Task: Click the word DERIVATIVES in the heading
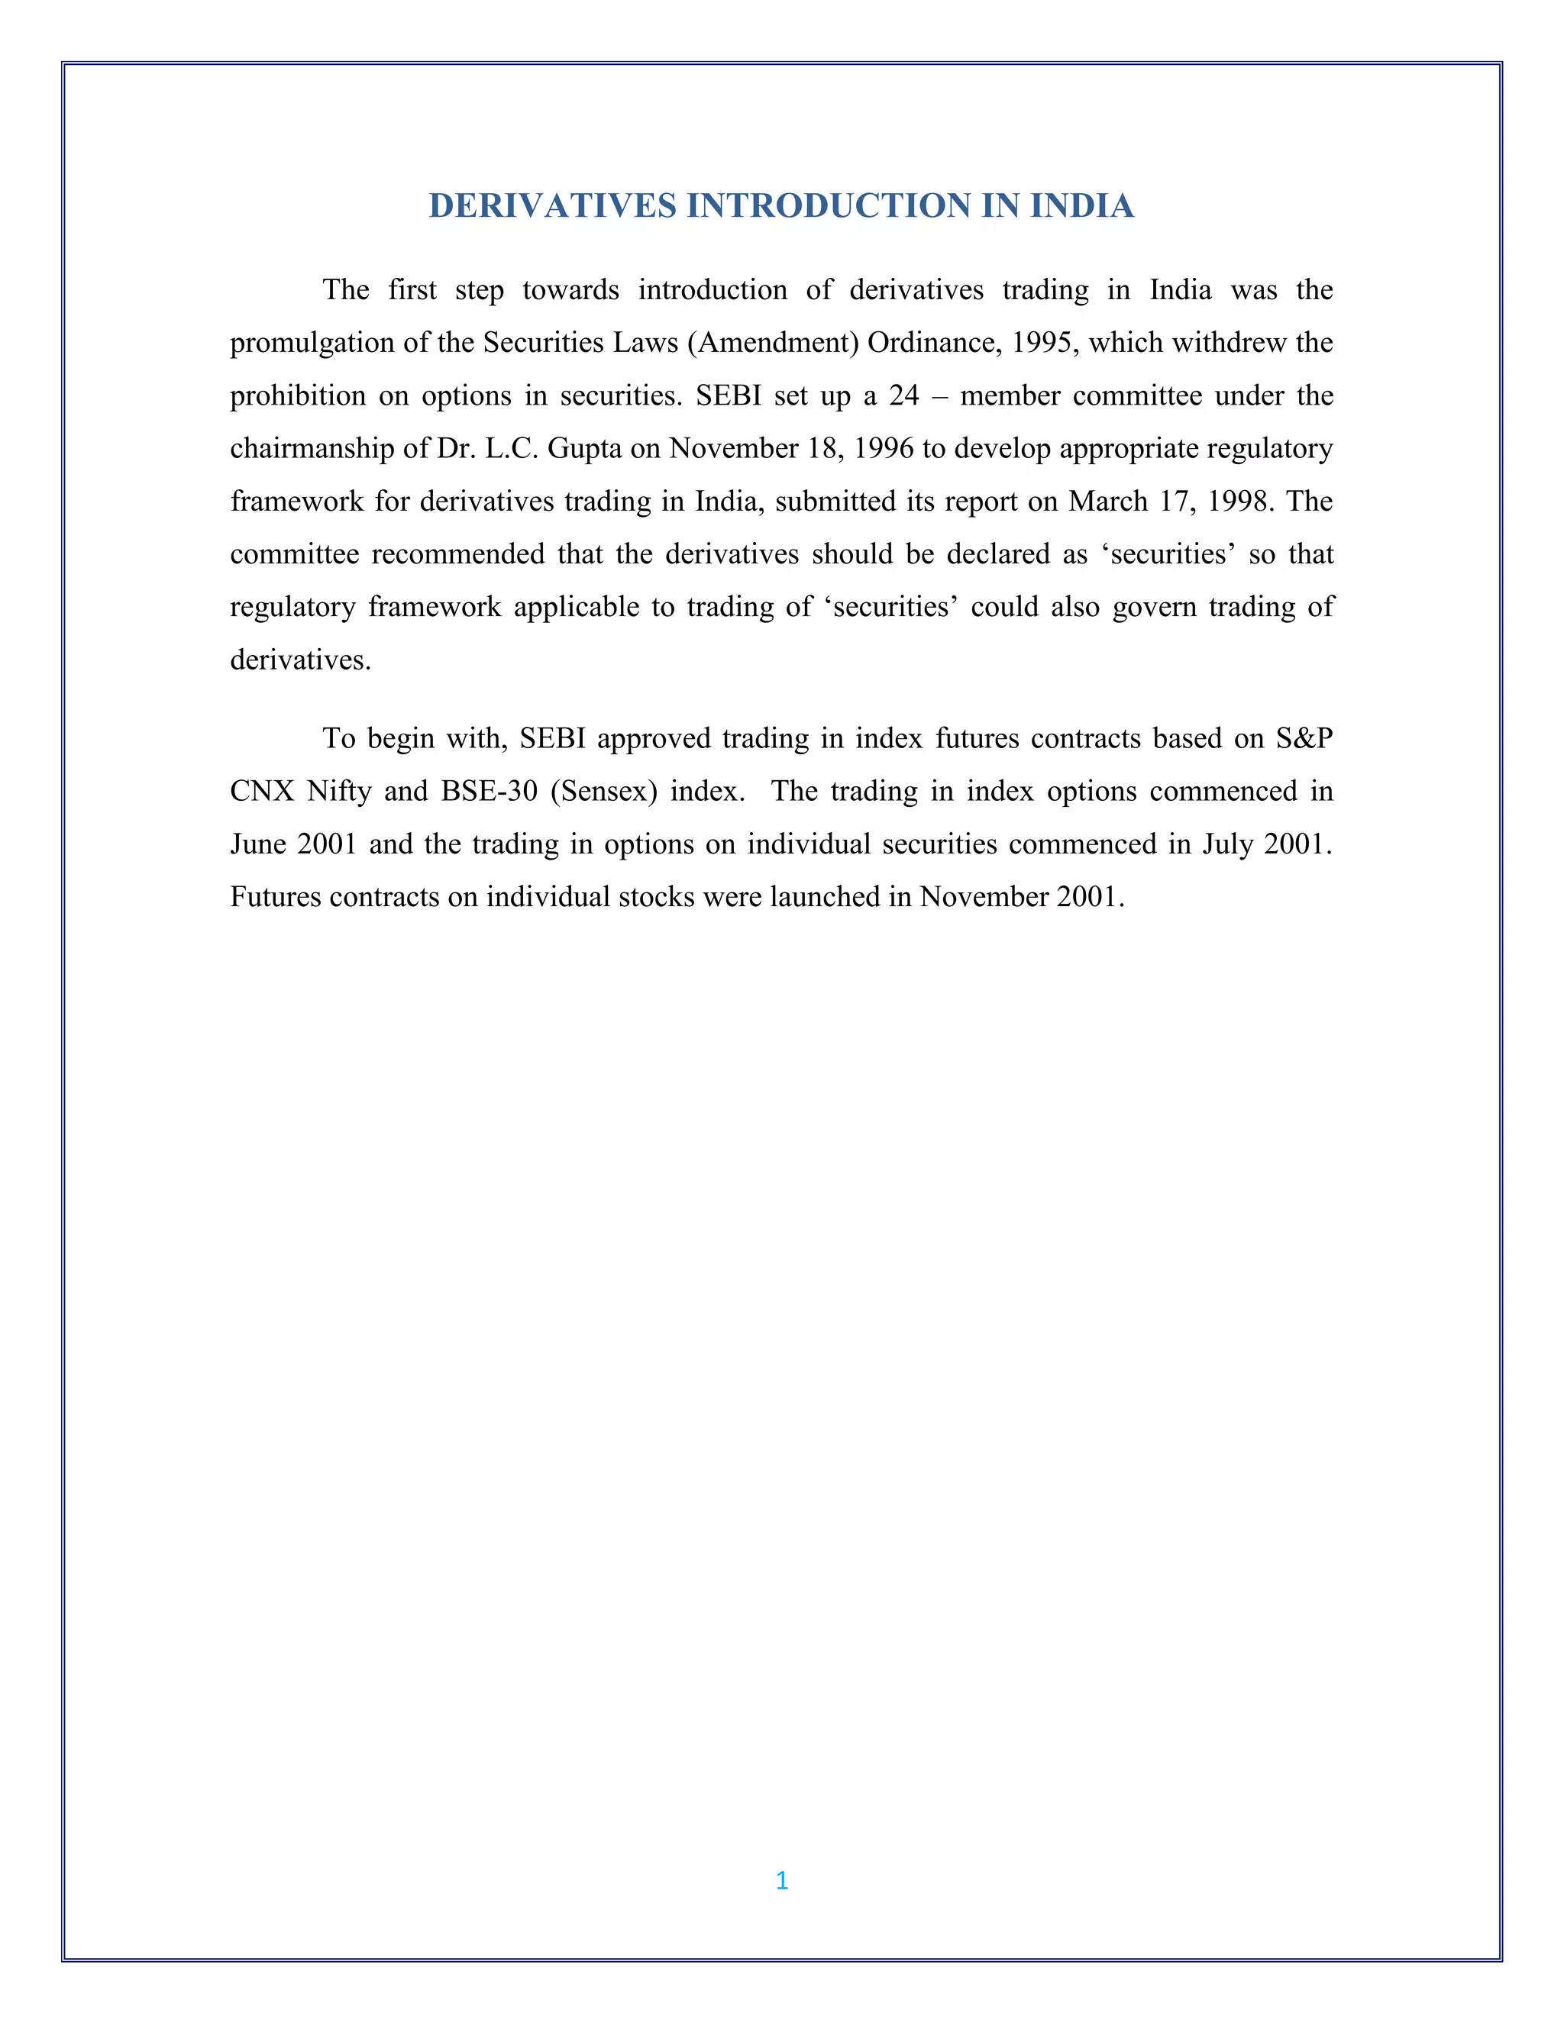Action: tap(552, 205)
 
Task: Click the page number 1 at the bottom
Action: tap(782, 1880)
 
